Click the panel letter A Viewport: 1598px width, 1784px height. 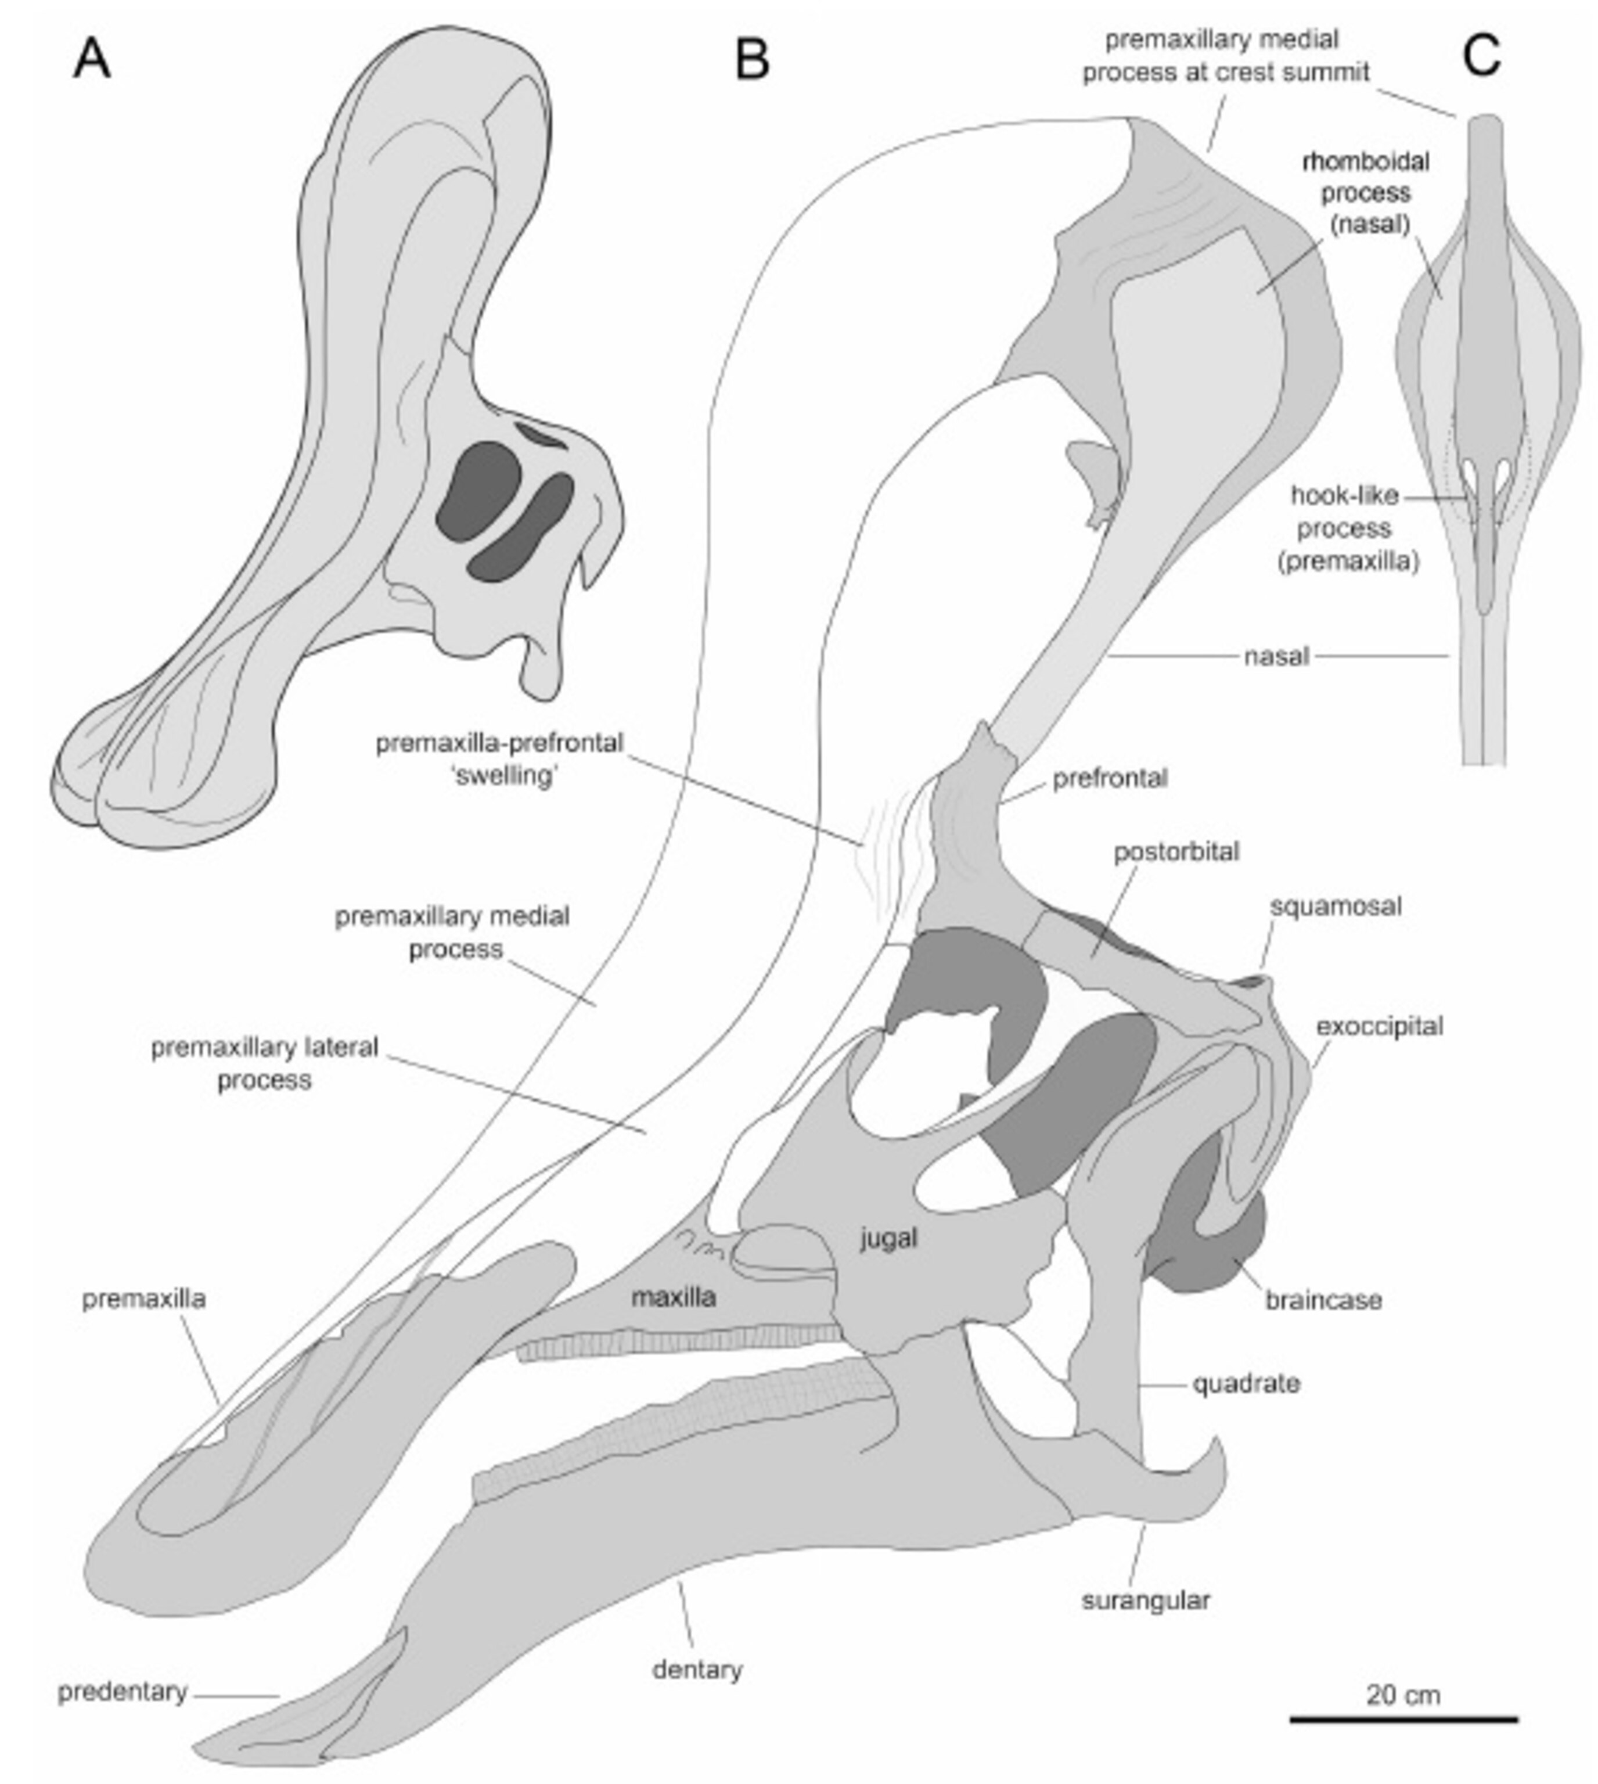point(91,60)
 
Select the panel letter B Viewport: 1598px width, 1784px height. point(753,60)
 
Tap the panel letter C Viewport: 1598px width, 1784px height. point(1482,57)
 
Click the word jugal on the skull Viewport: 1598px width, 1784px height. point(888,1238)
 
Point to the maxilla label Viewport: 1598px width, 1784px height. point(674,1297)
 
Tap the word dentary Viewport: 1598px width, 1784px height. point(697,1669)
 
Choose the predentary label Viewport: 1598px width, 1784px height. point(123,1692)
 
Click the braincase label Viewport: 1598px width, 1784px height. point(1323,1300)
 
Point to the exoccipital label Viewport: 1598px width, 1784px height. point(1379,1026)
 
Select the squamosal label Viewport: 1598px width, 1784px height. point(1336,906)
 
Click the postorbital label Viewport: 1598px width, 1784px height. point(1176,851)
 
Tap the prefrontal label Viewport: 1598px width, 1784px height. point(1110,778)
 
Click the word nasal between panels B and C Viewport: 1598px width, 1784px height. point(1277,656)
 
